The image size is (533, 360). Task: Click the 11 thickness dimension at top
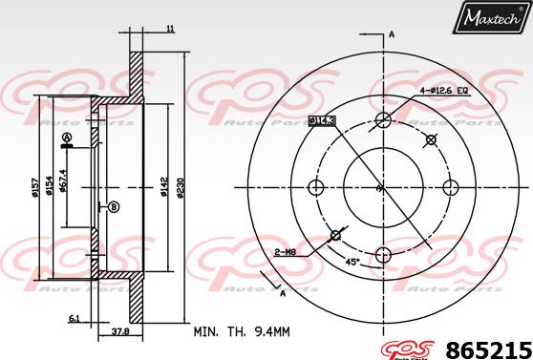pyautogui.click(x=170, y=31)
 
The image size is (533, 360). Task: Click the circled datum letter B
pyautogui.click(x=114, y=207)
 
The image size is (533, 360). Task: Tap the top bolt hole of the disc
pyautogui.click(x=383, y=120)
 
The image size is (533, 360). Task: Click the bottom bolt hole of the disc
pyautogui.click(x=383, y=254)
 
